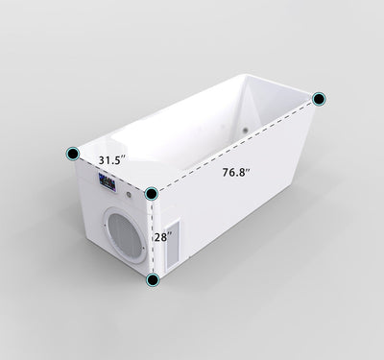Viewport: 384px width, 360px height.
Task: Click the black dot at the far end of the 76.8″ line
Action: [319, 98]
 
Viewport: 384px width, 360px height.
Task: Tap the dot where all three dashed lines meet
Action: [152, 193]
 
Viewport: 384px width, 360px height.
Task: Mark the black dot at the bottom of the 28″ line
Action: [152, 280]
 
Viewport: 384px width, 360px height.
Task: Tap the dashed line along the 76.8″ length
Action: [235, 146]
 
